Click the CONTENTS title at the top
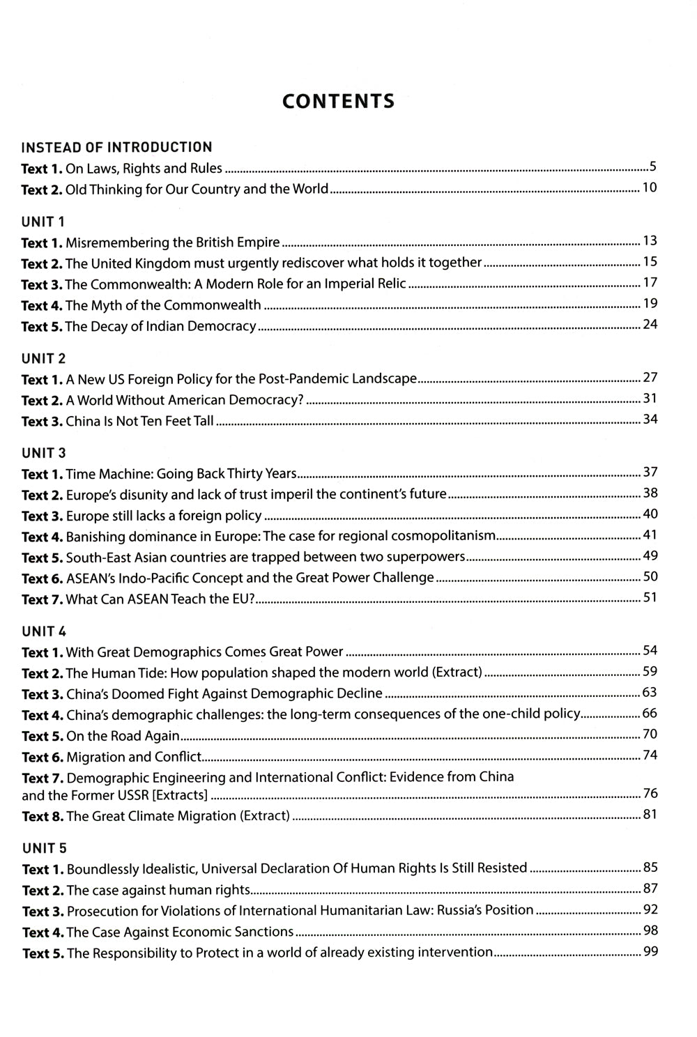(x=338, y=102)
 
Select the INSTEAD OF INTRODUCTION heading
(x=116, y=147)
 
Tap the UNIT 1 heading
(x=43, y=222)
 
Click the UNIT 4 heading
(x=44, y=631)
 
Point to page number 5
(x=652, y=167)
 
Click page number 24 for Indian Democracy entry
(x=650, y=324)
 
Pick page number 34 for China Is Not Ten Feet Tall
(x=650, y=419)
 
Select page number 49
(x=650, y=555)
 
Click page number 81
(x=650, y=813)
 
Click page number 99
(x=650, y=951)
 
